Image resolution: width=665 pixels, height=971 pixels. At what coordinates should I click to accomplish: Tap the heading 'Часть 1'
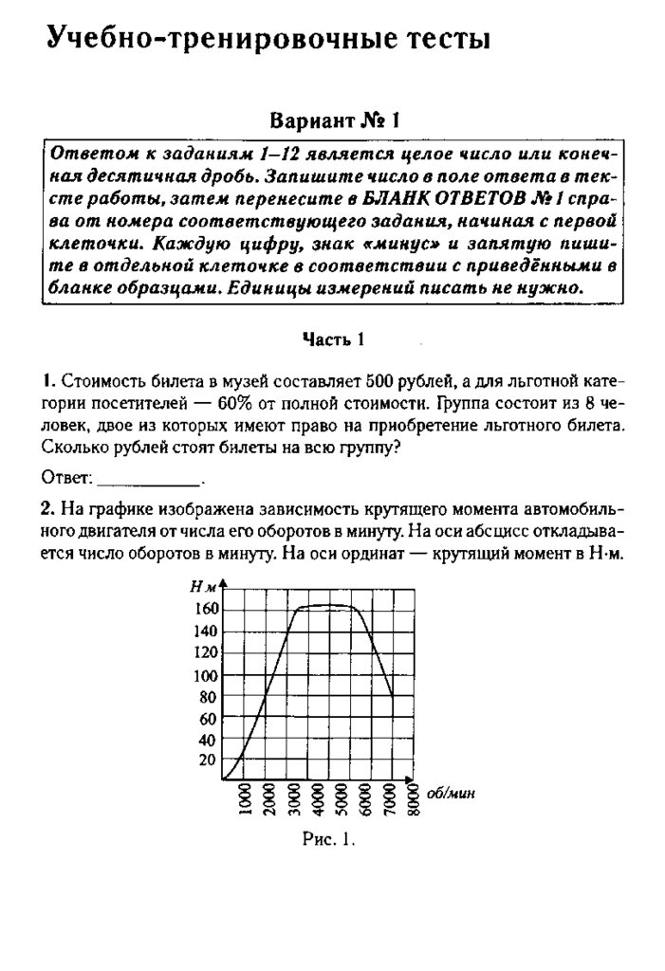coord(333,339)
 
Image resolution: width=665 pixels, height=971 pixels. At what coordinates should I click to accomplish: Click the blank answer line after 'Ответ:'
coord(149,475)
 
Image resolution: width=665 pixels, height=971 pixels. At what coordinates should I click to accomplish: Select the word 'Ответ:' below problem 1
coord(67,475)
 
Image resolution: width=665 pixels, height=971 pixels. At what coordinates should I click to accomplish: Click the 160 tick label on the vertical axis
coord(207,609)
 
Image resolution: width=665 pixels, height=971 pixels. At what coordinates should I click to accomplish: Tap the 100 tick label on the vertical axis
coord(207,676)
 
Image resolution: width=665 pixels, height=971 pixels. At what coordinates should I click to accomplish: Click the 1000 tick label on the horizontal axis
coord(244,801)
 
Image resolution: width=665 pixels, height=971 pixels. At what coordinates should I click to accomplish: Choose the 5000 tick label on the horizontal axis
coord(340,801)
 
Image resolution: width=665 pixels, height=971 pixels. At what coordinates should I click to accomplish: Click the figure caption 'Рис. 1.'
coord(328,838)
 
